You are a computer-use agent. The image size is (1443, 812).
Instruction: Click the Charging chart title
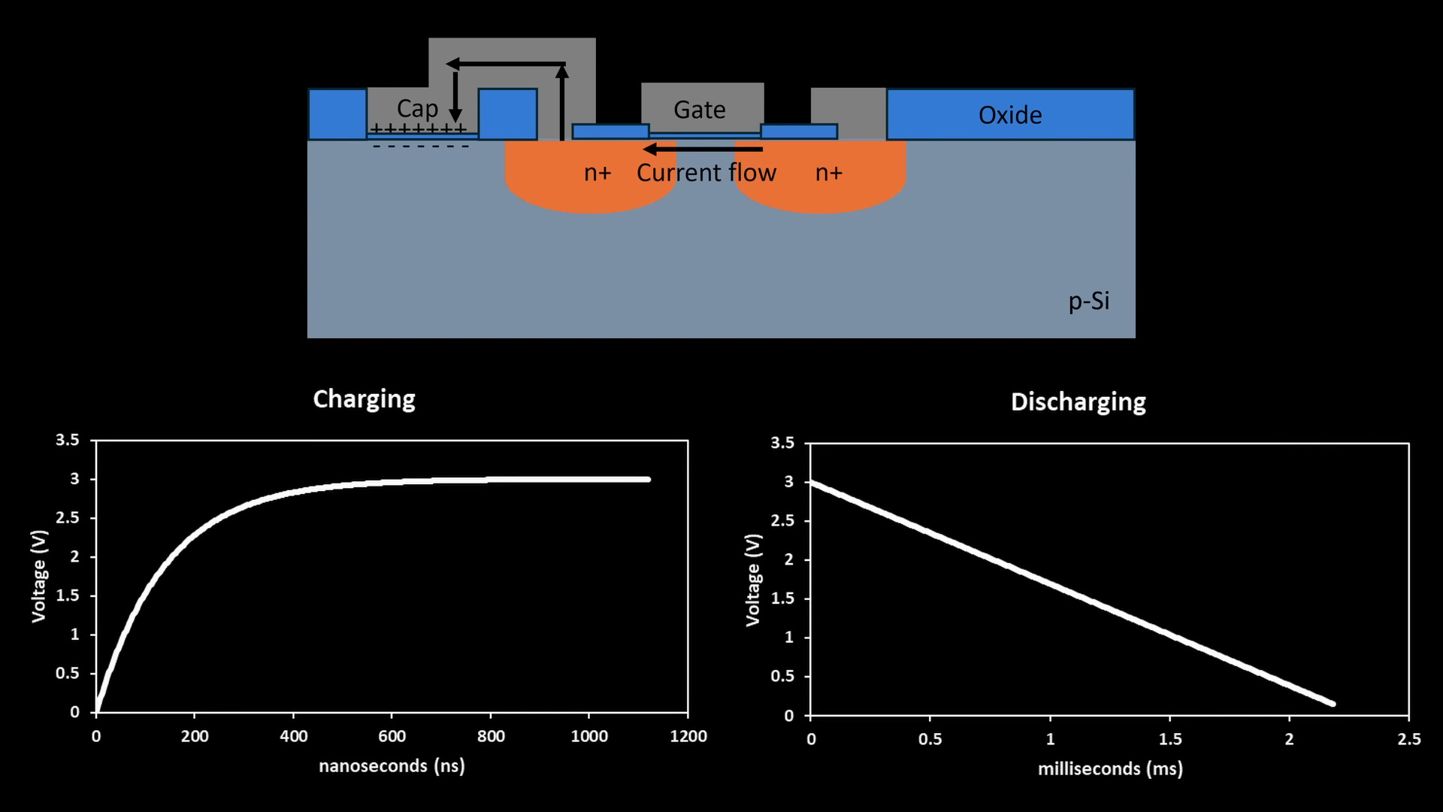364,398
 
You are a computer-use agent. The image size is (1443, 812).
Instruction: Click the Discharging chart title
1078,401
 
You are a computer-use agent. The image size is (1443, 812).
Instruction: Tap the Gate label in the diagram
699,110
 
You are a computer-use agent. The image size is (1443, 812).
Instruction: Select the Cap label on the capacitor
417,108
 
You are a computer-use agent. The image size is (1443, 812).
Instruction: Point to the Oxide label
1009,115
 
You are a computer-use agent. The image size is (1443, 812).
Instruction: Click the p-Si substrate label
1088,301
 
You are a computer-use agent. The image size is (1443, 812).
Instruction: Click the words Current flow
706,173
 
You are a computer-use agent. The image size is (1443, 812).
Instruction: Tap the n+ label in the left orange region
597,173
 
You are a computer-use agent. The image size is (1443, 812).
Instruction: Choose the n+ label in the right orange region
828,173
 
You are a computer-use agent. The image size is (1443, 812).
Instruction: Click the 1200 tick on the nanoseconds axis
688,736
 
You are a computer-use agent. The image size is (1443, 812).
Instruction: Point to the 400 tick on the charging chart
293,736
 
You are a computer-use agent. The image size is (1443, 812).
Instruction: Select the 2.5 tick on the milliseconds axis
1408,739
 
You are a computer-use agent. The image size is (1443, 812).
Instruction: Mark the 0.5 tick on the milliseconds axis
930,739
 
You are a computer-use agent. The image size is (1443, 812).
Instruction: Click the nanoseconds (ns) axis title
392,765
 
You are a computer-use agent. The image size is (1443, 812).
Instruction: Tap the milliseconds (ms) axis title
1109,768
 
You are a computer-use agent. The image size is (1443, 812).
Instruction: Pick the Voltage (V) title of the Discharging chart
753,580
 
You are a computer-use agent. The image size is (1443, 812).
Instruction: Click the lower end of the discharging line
1332,704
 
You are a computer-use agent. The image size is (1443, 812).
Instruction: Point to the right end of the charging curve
647,479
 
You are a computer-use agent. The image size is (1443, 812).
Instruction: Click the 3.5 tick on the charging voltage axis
68,440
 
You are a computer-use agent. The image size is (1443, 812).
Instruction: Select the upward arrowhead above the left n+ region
561,71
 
